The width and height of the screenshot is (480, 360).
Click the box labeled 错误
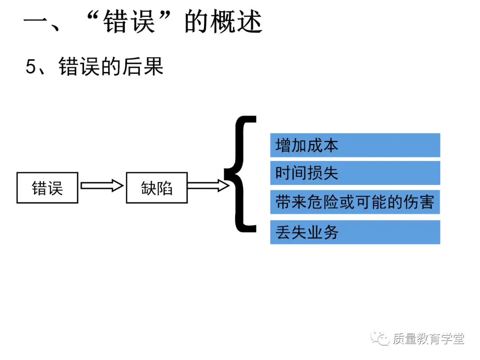pos(47,188)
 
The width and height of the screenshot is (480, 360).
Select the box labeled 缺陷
pos(156,188)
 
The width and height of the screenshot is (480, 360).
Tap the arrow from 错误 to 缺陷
pos(102,186)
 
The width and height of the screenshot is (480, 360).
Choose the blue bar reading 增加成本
pos(355,145)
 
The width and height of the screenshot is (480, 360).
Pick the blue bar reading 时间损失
pos(355,173)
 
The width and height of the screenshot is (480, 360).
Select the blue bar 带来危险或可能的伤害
pos(355,203)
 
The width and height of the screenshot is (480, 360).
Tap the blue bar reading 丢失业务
pos(355,232)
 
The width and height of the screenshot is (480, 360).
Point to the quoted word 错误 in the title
pos(129,22)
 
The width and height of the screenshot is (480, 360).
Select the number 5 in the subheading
pos(31,67)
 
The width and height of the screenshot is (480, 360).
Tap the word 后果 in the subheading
pos(147,67)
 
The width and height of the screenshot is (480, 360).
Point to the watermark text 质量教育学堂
pos(428,339)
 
